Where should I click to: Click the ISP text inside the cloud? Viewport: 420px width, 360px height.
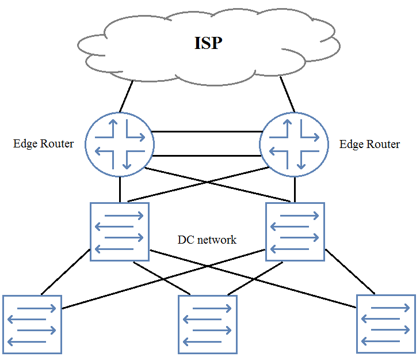208,43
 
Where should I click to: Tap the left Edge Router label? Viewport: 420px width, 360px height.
43,144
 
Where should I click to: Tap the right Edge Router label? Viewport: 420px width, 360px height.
369,145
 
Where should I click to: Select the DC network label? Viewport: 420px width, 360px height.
207,240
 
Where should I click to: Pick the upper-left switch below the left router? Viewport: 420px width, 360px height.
120,232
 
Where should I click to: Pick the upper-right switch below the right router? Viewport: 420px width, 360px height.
295,232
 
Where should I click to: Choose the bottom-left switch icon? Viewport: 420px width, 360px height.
32,325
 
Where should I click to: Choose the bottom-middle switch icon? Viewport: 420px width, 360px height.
208,325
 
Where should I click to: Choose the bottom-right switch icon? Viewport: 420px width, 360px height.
386,324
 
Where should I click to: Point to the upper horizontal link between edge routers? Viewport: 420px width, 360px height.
207,132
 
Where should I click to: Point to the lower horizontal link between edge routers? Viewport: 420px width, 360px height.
207,156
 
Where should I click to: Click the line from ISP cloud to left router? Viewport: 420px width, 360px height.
126,96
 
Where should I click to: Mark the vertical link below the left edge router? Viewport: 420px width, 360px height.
120,190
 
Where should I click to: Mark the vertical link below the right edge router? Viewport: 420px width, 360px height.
295,190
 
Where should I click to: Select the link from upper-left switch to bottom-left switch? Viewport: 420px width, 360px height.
66,272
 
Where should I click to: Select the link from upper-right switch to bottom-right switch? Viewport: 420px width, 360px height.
350,272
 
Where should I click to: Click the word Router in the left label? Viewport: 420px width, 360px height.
57,144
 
